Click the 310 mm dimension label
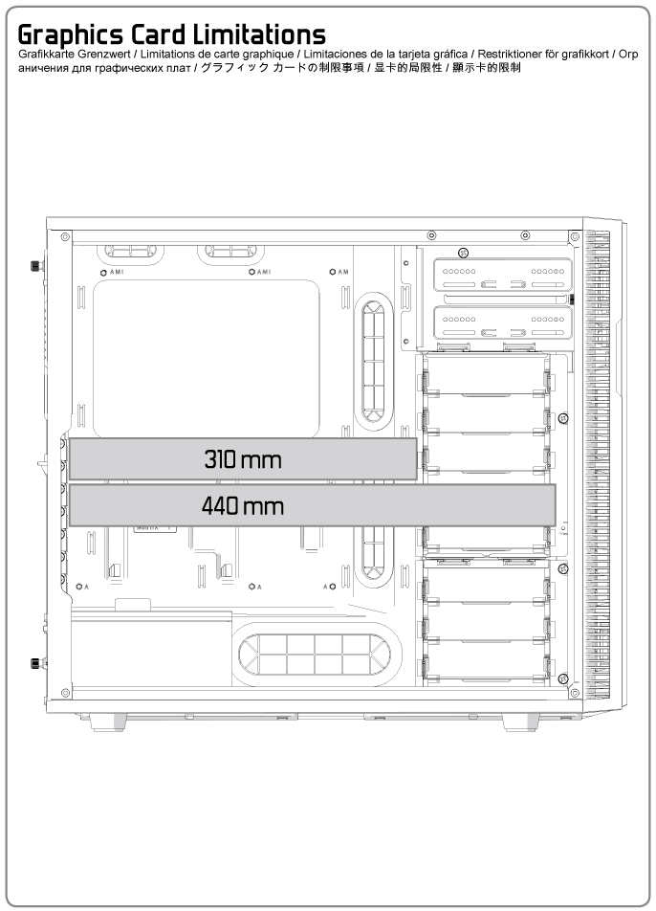tap(243, 459)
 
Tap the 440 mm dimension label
tap(243, 505)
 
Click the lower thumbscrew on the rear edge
tap(35, 661)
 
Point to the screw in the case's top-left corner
tap(64, 235)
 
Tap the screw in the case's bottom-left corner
tap(64, 690)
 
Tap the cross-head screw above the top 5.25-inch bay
tap(462, 253)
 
